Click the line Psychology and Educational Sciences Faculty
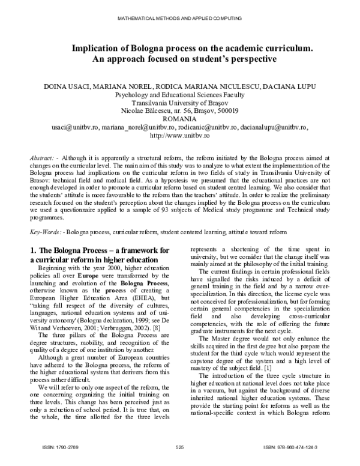click(x=179, y=95)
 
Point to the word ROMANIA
click(x=179, y=120)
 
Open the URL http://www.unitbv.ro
click(x=179, y=136)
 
